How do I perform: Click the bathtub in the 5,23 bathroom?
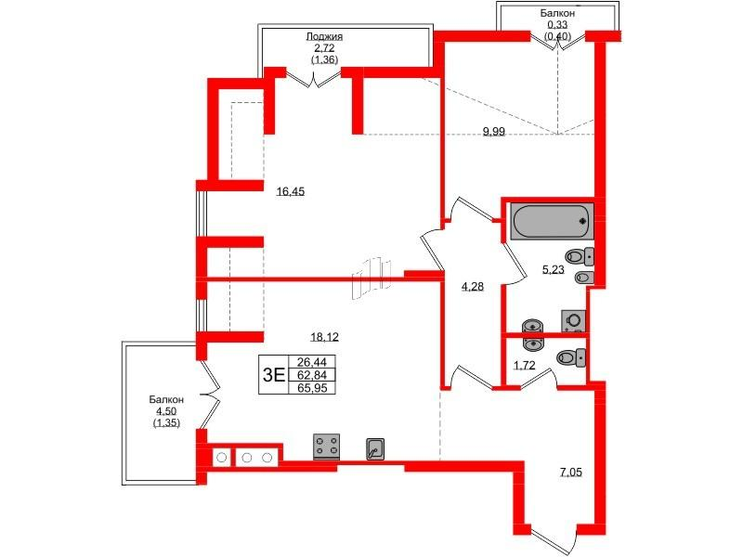(x=552, y=221)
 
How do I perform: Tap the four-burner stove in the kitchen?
(x=327, y=447)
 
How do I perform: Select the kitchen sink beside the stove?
(x=375, y=449)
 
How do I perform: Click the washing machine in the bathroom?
(x=573, y=321)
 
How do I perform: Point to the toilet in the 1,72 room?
(x=571, y=357)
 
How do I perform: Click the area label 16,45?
(x=291, y=192)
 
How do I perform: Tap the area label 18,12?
(x=324, y=337)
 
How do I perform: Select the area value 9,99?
(x=494, y=132)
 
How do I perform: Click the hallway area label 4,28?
(x=473, y=287)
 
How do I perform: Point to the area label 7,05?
(x=570, y=473)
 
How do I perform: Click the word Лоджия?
(x=324, y=36)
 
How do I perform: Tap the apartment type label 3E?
(x=274, y=375)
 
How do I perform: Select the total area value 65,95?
(x=312, y=388)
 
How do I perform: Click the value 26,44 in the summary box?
(x=312, y=362)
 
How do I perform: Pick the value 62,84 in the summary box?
(x=312, y=376)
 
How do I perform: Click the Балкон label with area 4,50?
(x=166, y=400)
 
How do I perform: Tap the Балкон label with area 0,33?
(x=558, y=14)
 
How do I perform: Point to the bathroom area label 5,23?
(x=553, y=270)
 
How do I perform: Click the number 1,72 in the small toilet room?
(x=525, y=365)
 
